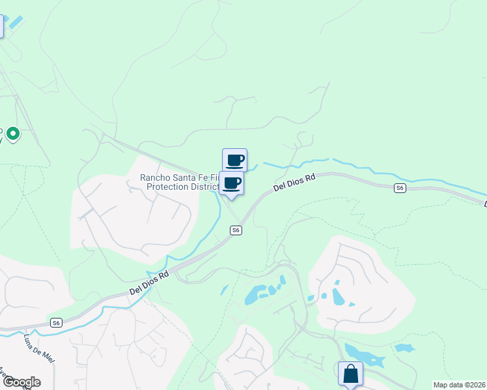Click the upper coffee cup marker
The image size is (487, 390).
tap(234, 160)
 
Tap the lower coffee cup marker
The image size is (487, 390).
tap(231, 183)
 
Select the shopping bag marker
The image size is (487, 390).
tap(350, 374)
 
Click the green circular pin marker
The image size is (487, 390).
tap(13, 135)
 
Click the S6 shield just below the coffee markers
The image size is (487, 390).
tap(236, 230)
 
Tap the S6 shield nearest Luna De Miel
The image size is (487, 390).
tap(57, 323)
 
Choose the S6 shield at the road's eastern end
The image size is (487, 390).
tap(400, 188)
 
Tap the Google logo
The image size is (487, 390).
tap(21, 382)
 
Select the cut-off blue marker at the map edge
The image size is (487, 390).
tap(1, 26)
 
